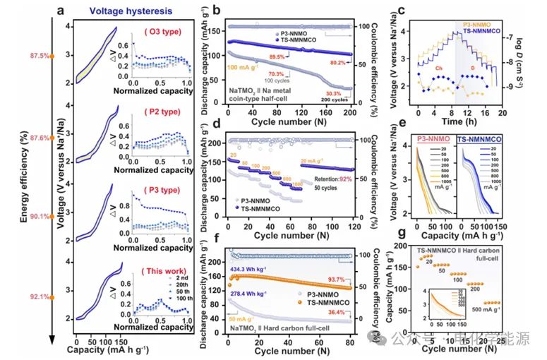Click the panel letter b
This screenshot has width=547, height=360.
[x=217, y=11]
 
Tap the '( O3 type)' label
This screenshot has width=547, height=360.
[x=164, y=32]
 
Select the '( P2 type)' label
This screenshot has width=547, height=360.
[x=164, y=111]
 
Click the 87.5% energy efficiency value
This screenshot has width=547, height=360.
[x=39, y=56]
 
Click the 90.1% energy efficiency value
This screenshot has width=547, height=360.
[x=39, y=217]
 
